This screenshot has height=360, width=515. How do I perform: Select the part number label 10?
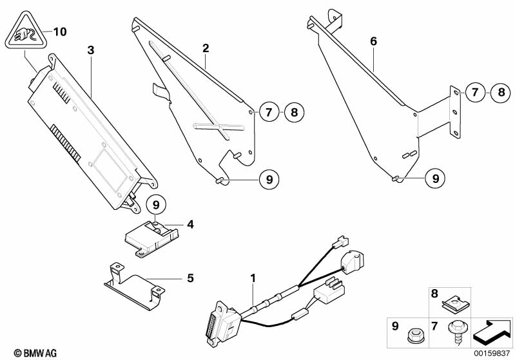[60, 32]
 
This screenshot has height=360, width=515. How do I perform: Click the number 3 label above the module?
[91, 50]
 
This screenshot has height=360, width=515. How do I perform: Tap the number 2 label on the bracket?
[206, 48]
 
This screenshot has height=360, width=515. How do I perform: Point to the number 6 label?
[373, 41]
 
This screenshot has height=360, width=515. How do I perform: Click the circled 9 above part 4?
[156, 205]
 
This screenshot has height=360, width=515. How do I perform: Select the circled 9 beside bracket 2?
[269, 179]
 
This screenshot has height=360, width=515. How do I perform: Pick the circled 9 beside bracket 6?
[436, 178]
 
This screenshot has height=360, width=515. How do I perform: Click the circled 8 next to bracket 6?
[501, 92]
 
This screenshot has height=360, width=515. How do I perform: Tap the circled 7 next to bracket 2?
[269, 112]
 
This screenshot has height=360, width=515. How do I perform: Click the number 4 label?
[190, 225]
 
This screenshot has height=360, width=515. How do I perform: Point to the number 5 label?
[190, 278]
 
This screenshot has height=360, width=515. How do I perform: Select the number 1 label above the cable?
[253, 278]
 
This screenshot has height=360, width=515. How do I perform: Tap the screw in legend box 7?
[456, 332]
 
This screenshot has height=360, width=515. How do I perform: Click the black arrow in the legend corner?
[492, 333]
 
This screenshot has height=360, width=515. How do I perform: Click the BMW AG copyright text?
[35, 353]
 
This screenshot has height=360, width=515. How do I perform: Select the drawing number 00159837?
[491, 353]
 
